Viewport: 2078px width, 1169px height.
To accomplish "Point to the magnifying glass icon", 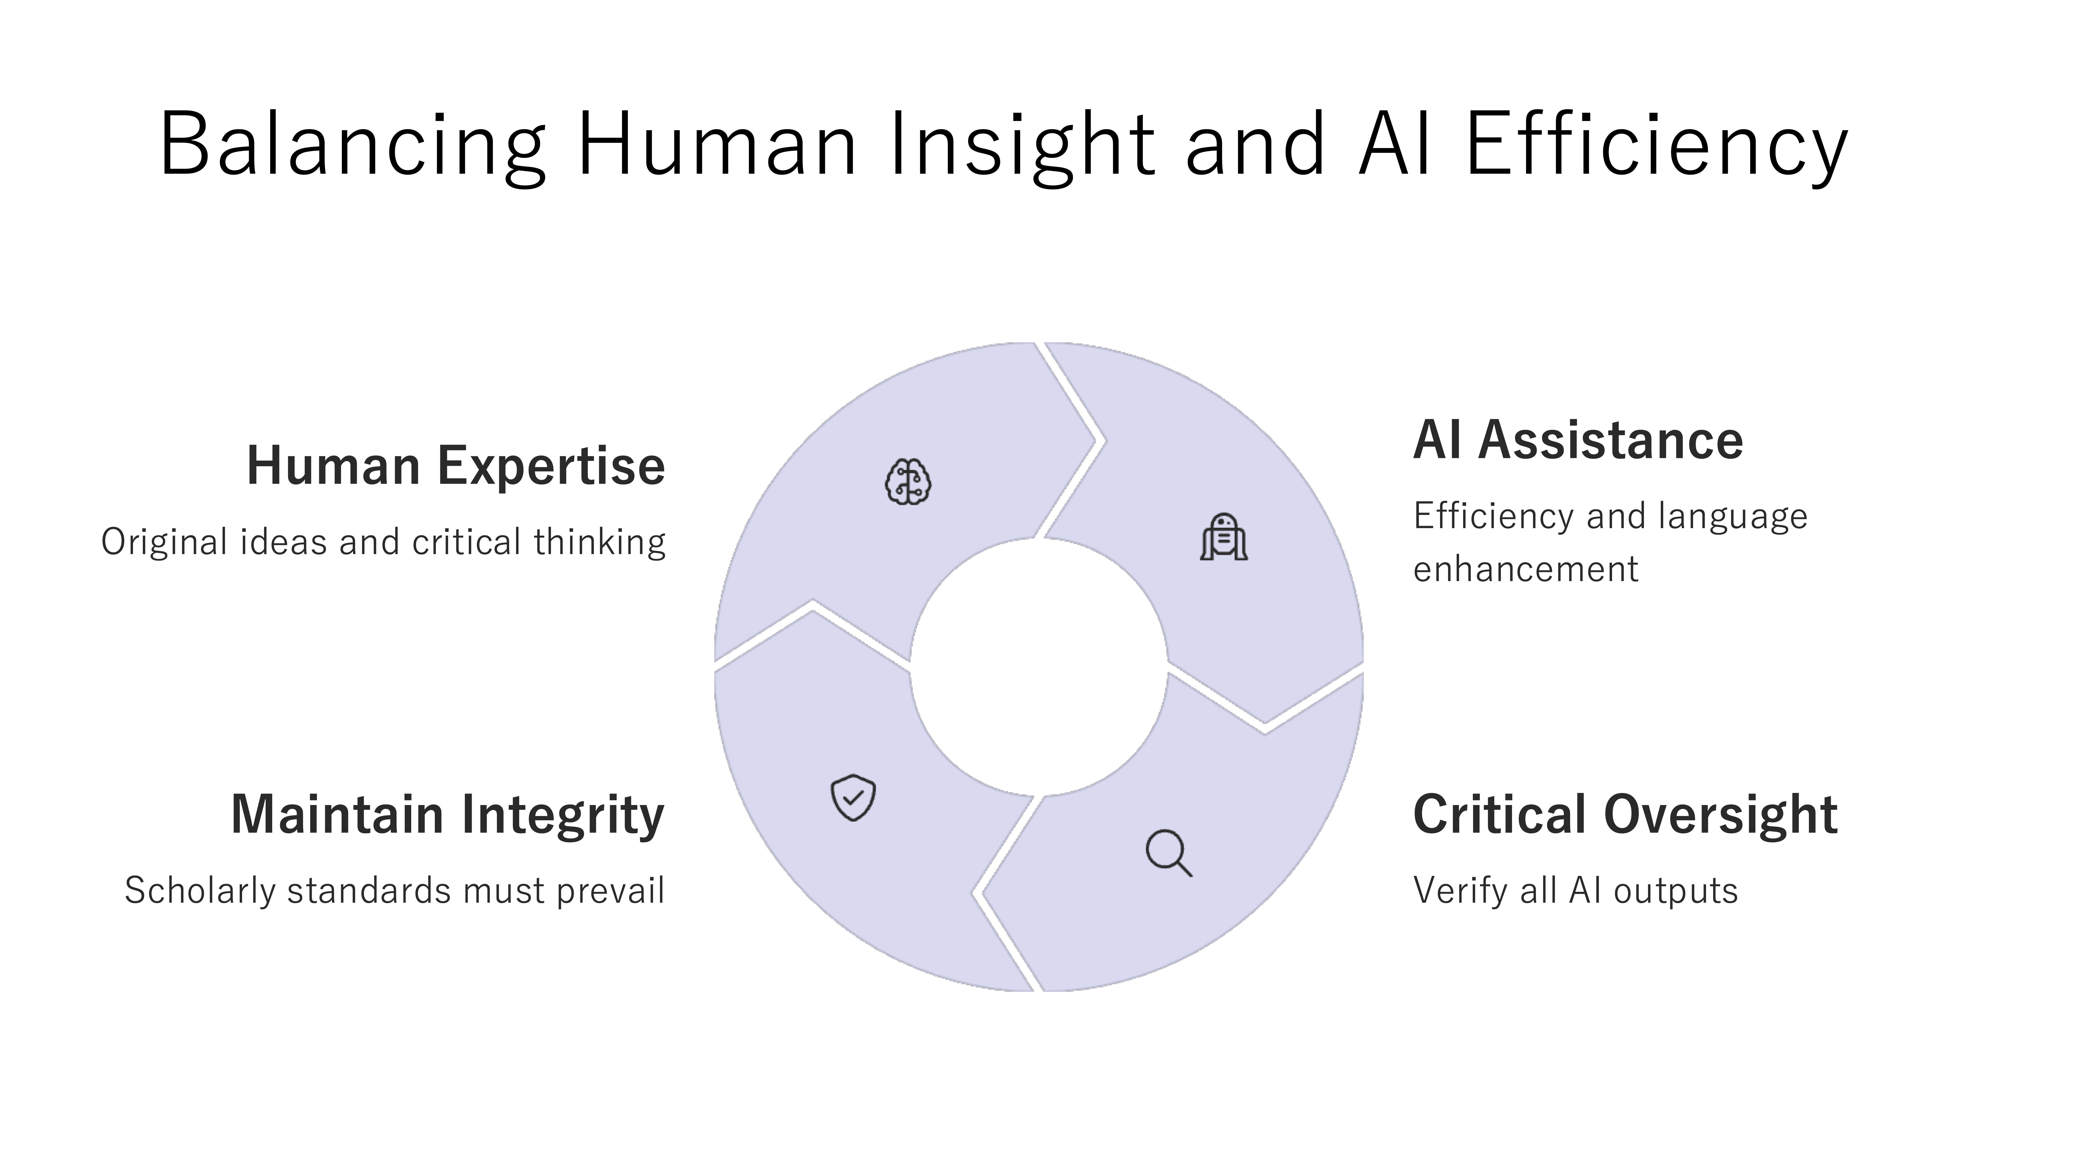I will tap(1169, 852).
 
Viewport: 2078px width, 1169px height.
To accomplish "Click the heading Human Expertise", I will tap(456, 466).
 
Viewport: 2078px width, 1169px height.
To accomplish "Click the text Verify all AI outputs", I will tap(1575, 891).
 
